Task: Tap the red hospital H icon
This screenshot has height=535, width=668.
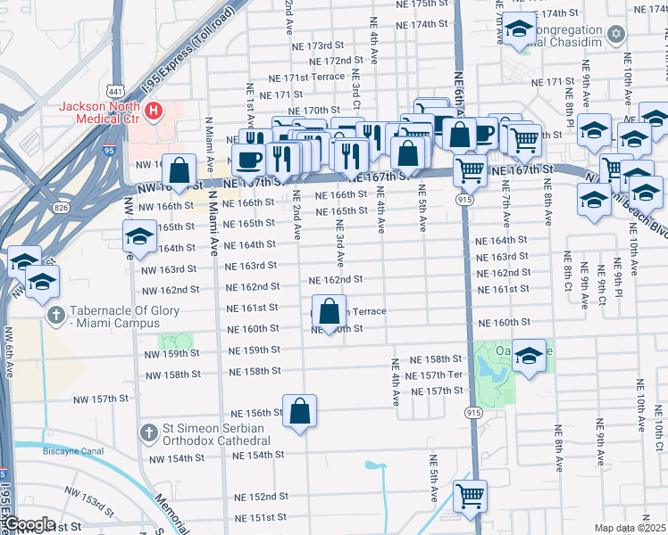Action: pos(154,111)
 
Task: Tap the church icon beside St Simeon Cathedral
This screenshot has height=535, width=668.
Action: pos(149,433)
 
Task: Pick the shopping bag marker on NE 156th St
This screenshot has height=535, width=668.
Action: pos(300,412)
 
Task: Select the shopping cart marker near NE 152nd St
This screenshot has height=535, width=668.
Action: pos(470,495)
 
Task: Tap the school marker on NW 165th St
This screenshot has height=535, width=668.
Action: pos(139,237)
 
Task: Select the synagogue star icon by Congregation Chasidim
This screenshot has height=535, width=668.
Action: pos(614,34)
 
